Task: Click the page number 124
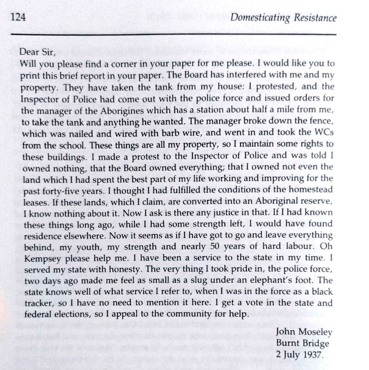pyautogui.click(x=18, y=17)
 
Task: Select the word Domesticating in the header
pyautogui.click(x=260, y=18)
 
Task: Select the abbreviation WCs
pyautogui.click(x=324, y=132)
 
